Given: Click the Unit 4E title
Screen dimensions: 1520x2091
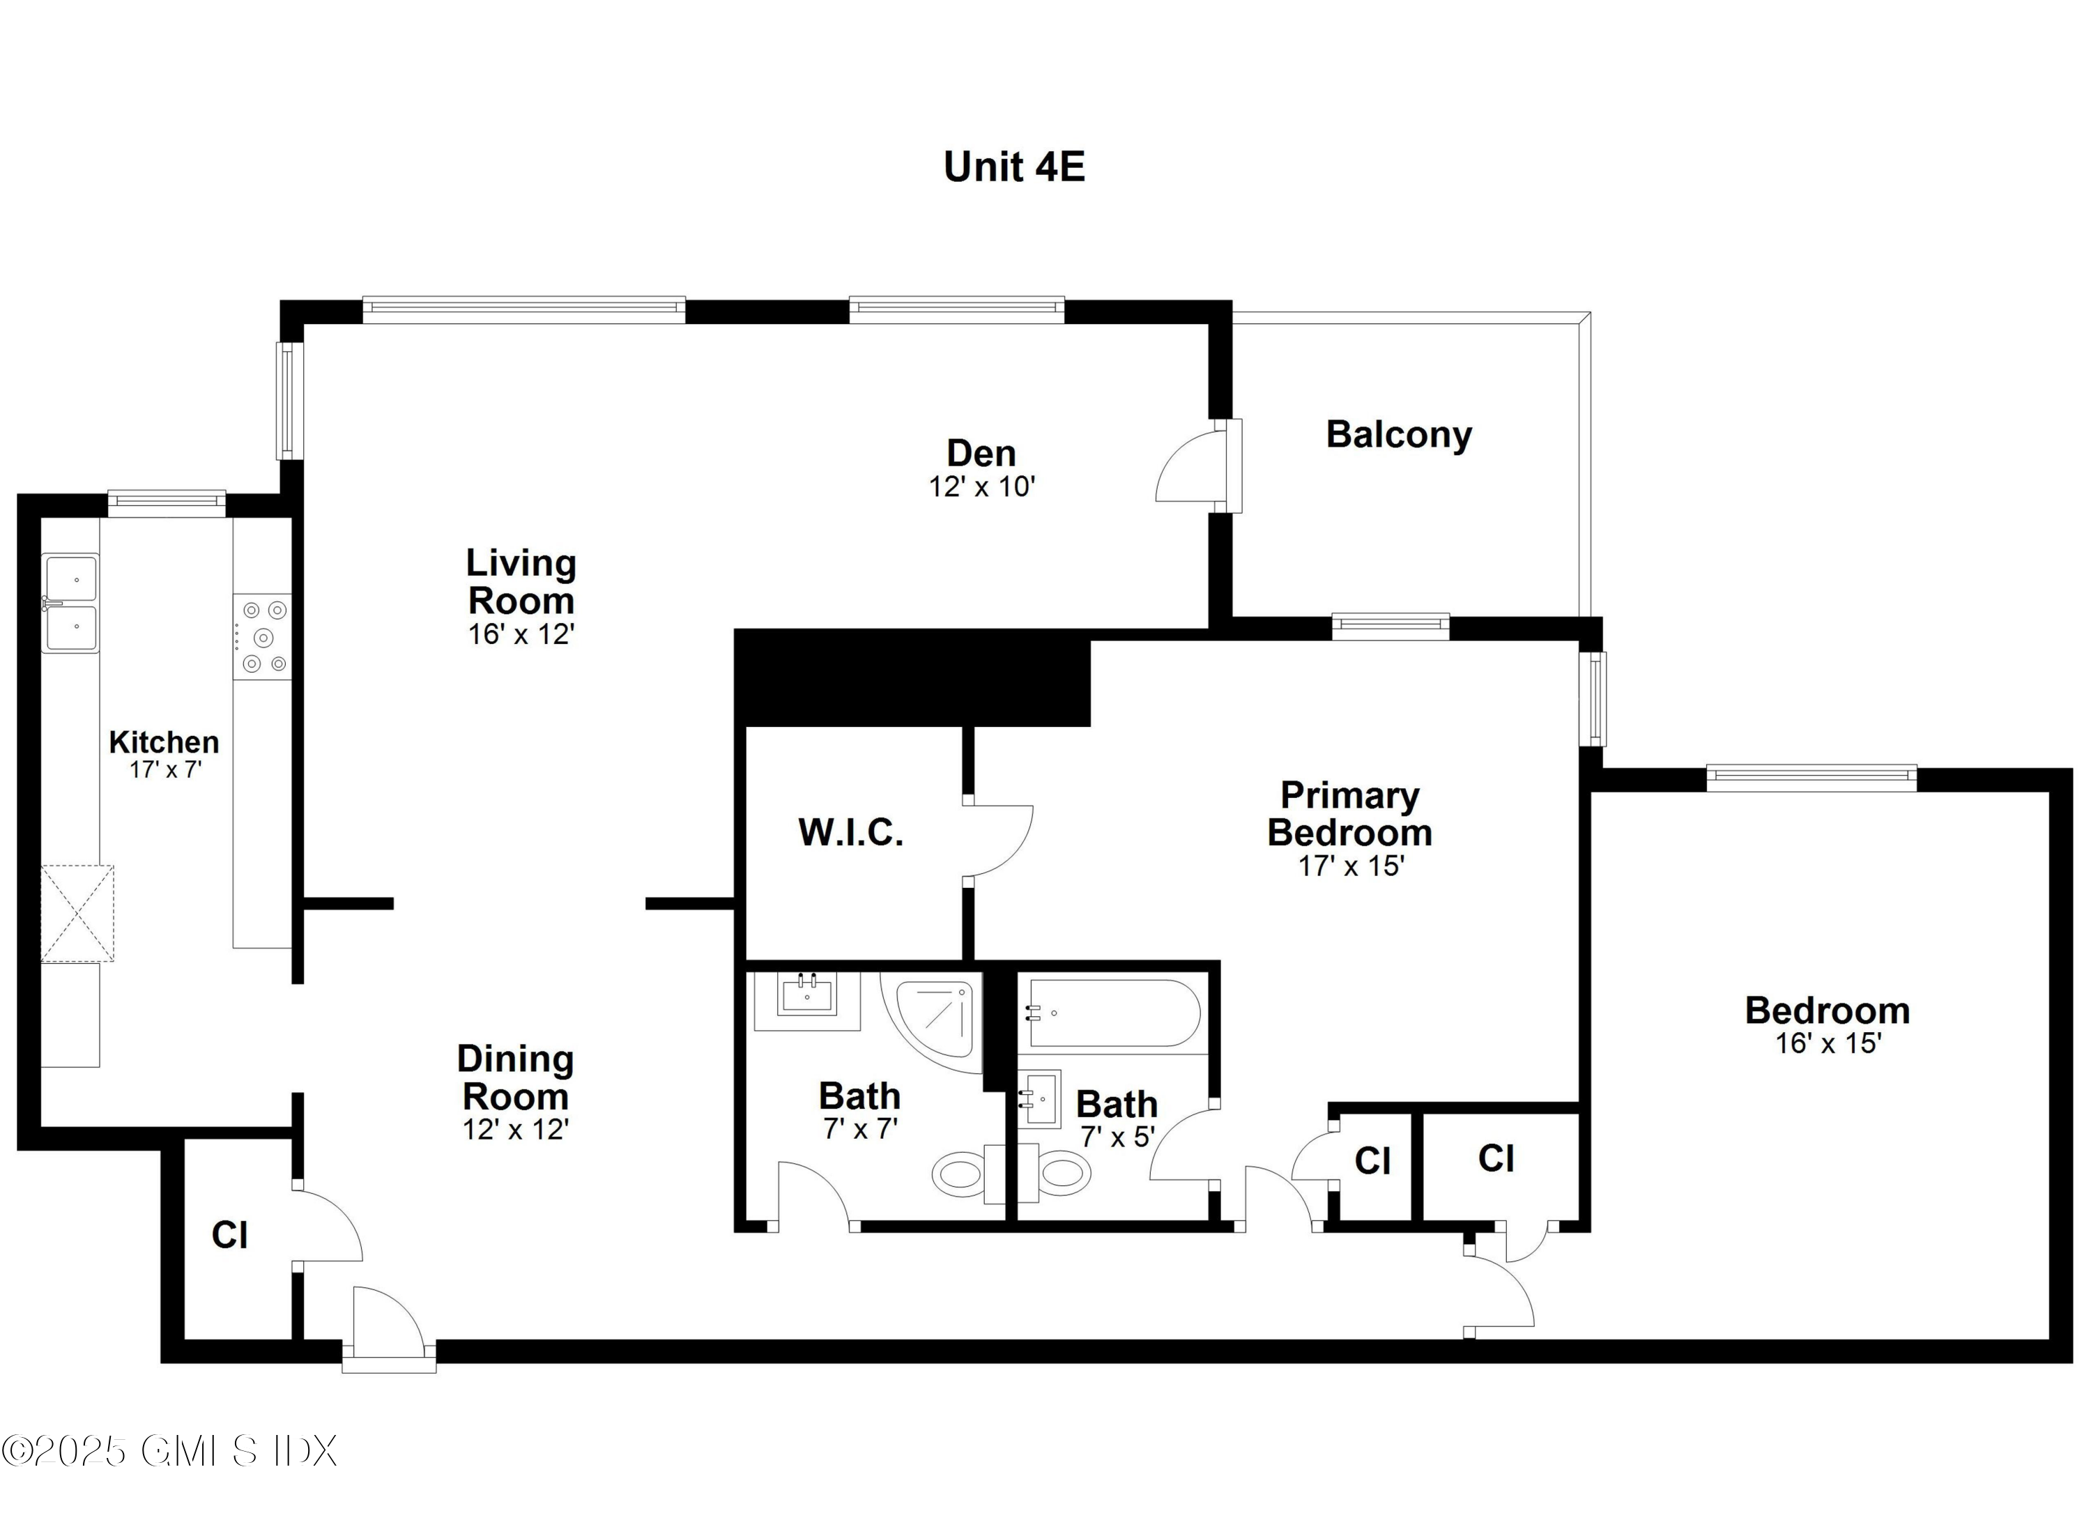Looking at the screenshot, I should point(1013,167).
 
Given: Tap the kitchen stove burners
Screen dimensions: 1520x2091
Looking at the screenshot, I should point(263,637).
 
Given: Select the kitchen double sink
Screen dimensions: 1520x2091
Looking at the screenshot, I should point(70,603).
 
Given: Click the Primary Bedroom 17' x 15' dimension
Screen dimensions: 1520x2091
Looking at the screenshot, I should point(1350,866).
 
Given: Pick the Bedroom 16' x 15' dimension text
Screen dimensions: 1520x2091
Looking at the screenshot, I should point(1828,1043).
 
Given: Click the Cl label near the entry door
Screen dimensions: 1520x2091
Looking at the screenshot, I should point(229,1235).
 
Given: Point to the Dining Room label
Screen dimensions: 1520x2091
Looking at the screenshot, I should point(515,1077).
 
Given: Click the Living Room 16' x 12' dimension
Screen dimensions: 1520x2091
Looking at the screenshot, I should point(521,634).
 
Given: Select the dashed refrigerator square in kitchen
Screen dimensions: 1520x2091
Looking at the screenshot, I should point(77,914).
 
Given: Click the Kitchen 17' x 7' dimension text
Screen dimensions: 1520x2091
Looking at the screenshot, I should point(165,769).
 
